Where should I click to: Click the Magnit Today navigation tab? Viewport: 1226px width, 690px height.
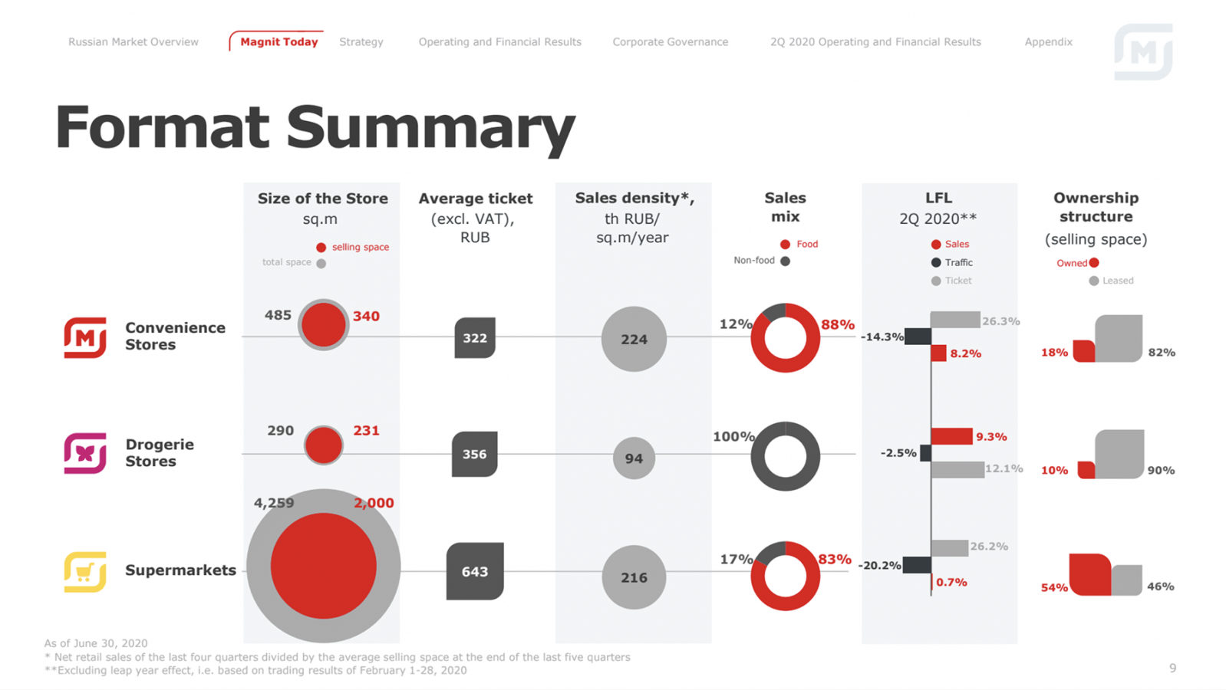278,42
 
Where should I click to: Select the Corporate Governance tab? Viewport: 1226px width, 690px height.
670,42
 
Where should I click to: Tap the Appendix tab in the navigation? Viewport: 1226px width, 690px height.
1048,42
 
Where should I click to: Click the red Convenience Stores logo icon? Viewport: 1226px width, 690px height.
85,337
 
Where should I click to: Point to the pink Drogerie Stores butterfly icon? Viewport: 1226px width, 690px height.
85,453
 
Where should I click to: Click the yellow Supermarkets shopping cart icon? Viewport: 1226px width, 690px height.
85,572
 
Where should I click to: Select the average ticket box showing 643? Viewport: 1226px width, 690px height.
475,572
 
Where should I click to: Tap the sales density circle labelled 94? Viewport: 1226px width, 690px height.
634,458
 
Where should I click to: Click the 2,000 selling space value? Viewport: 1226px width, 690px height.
374,503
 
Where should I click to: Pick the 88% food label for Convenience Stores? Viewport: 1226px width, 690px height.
837,325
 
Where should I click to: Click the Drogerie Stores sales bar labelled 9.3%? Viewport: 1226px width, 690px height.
952,436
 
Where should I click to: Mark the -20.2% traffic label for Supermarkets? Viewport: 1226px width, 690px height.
879,566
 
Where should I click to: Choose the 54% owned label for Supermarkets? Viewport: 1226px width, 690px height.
1054,588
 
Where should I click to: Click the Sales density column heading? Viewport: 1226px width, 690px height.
634,199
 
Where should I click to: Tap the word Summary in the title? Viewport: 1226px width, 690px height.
430,128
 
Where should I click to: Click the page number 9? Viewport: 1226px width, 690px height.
1172,669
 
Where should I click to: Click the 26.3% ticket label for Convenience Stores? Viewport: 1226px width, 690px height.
1000,321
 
